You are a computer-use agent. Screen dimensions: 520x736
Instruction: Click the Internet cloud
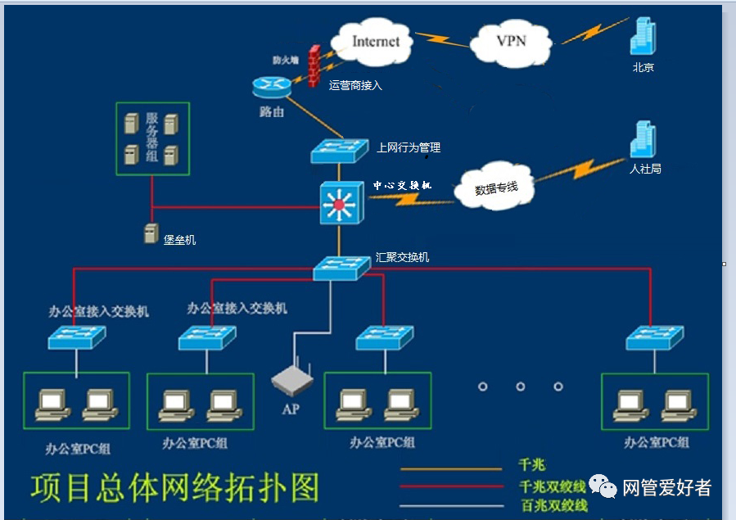(x=375, y=41)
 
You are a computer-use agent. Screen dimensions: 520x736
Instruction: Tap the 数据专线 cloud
(x=496, y=188)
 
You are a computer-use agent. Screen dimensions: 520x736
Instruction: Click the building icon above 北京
(x=643, y=36)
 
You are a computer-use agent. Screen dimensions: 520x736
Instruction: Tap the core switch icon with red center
(x=340, y=203)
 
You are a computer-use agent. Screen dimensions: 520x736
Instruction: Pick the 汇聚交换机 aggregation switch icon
(x=341, y=267)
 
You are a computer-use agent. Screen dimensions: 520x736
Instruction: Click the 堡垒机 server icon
(x=151, y=233)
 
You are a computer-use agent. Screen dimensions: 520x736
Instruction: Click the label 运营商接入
(x=355, y=85)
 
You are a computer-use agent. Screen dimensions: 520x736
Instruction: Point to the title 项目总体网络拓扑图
(x=174, y=487)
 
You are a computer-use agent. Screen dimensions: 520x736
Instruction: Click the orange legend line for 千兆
(x=450, y=469)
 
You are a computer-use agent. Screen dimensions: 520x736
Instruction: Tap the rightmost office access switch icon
(x=654, y=337)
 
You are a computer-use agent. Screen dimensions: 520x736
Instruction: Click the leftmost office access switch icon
(x=77, y=337)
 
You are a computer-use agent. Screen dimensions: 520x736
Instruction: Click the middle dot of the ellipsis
(x=521, y=387)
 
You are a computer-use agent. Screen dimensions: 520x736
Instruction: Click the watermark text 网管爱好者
(x=666, y=488)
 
